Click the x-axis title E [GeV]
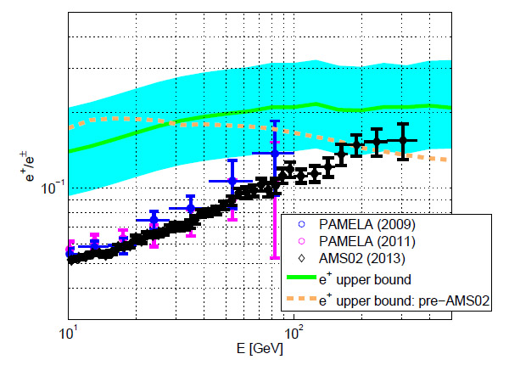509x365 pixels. pos(260,348)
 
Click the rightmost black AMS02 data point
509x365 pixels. pos(404,140)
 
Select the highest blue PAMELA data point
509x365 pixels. pos(274,153)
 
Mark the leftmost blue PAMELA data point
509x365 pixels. pos(70,250)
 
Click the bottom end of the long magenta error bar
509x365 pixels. pos(274,257)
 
